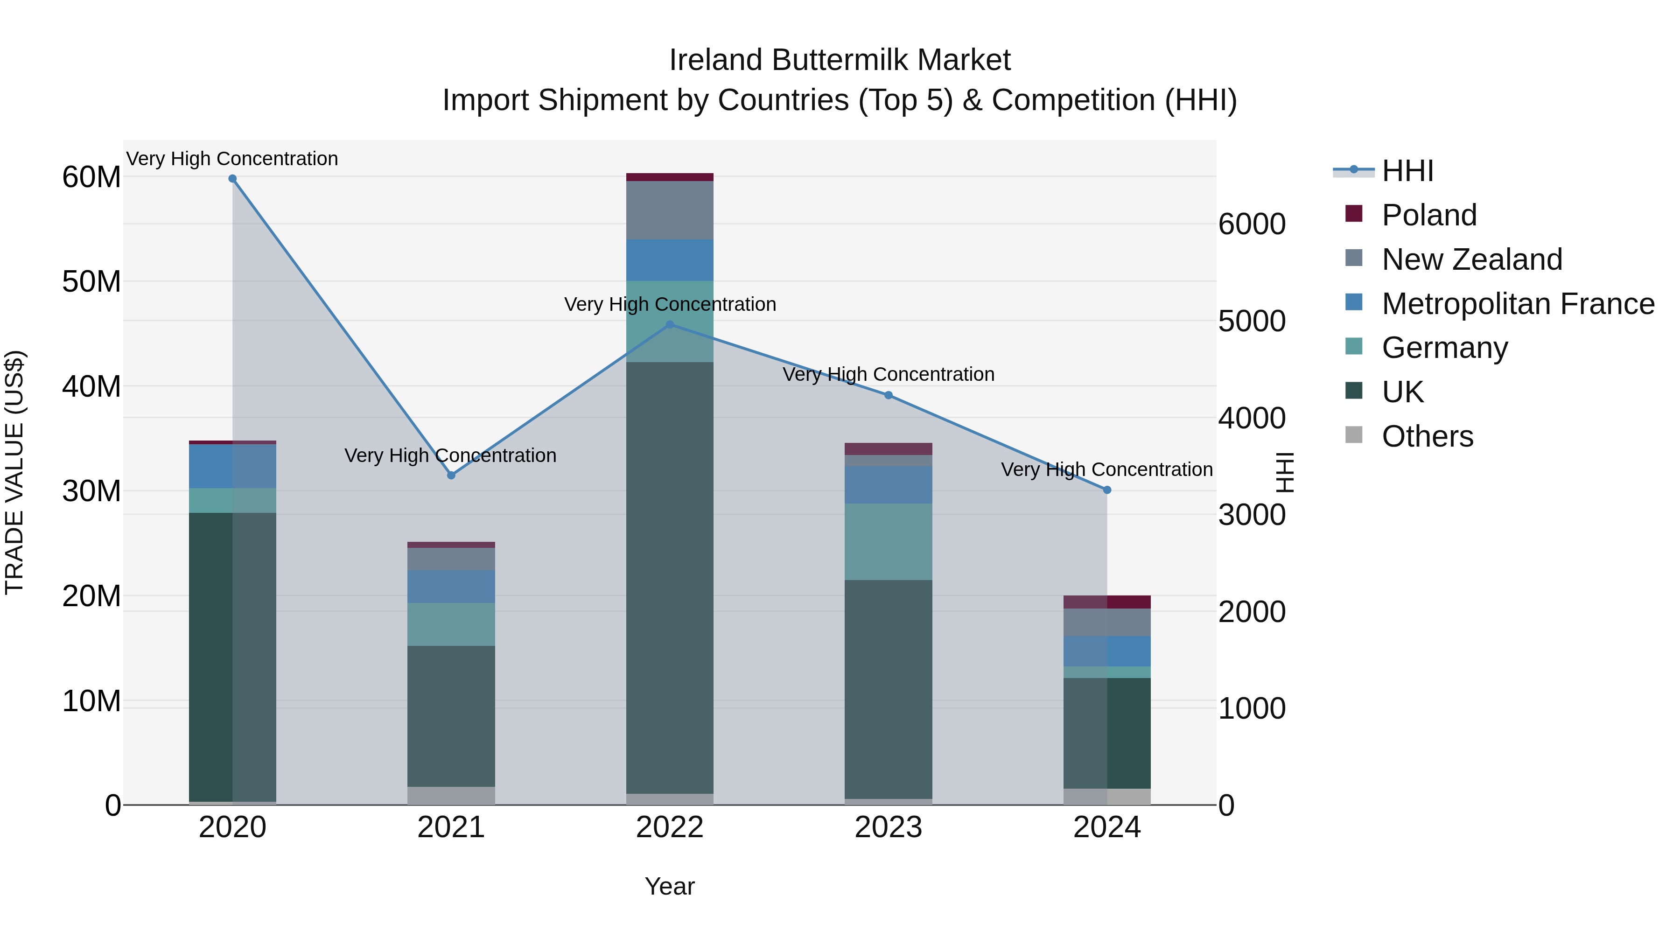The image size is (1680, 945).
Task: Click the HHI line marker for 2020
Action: (232, 179)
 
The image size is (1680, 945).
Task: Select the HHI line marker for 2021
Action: (451, 476)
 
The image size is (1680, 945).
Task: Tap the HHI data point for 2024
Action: (1107, 490)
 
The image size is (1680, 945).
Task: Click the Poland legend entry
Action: (1428, 215)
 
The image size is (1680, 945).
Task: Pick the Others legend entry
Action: (1427, 436)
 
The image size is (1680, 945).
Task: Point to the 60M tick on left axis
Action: (91, 177)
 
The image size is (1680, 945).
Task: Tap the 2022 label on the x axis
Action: (669, 827)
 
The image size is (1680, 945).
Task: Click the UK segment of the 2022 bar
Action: (669, 577)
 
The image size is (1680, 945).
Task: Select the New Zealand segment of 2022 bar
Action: (669, 210)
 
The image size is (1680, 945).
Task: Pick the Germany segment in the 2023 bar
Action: (888, 541)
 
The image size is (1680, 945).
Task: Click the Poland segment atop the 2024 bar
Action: (1107, 602)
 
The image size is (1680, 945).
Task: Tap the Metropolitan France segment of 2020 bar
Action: (232, 466)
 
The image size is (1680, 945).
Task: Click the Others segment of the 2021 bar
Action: (451, 795)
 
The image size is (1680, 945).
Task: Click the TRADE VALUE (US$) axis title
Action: (14, 472)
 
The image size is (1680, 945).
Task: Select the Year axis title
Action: (669, 886)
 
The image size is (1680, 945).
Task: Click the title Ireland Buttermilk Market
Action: (840, 60)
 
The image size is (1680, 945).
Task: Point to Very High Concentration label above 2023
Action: (888, 374)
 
